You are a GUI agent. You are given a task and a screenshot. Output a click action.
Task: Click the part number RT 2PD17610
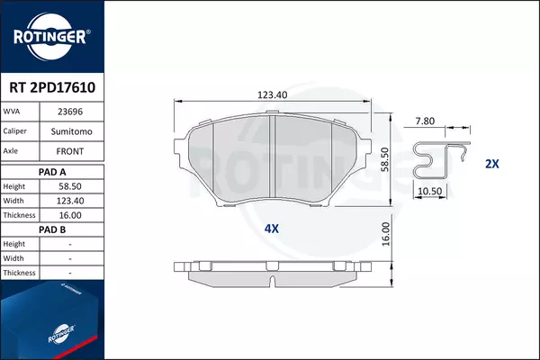(52, 87)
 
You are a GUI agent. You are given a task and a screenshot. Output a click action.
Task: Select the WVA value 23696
(70, 112)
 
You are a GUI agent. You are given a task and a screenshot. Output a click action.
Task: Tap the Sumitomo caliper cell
(72, 131)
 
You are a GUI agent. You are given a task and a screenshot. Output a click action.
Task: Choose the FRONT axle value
(70, 151)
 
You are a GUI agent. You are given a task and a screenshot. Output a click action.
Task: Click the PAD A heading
(52, 172)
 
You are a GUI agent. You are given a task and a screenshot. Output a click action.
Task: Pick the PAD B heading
(52, 229)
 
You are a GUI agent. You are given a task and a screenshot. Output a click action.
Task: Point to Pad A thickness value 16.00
(70, 215)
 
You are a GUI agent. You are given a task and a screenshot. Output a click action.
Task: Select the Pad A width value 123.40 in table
(70, 201)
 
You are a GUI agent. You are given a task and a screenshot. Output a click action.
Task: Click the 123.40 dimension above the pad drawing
(272, 94)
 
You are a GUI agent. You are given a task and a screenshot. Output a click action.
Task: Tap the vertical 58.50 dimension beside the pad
(384, 159)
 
